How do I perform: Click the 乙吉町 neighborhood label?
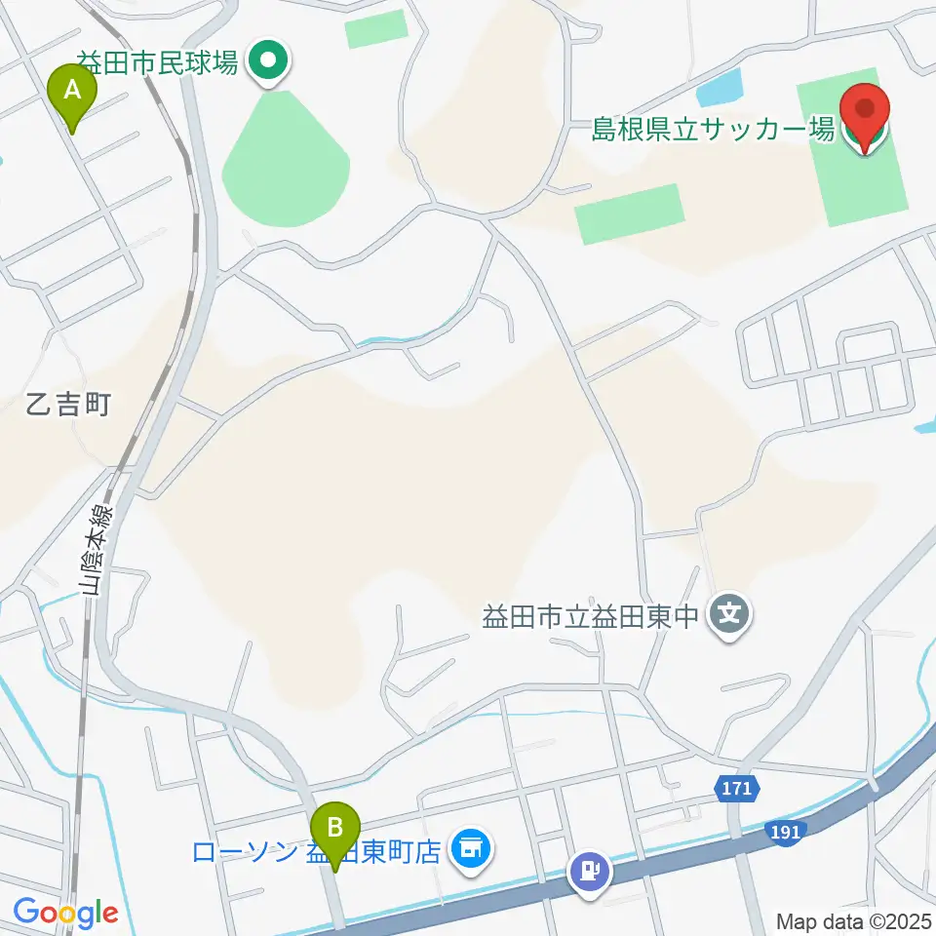(68, 404)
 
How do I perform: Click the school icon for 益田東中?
(731, 615)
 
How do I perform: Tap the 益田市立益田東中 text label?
(592, 617)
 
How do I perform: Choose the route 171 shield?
(737, 788)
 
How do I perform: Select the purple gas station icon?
(590, 869)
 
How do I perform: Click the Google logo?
(65, 914)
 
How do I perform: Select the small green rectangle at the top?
(375, 30)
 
